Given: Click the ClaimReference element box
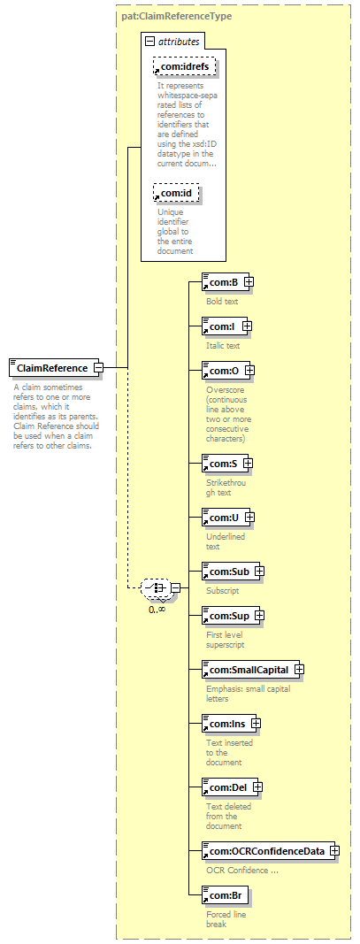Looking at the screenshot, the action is pos(52,367).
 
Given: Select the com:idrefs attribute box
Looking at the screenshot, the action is pos(184,66).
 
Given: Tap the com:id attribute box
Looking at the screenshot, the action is pos(175,193).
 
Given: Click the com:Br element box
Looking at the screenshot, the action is pos(223,895).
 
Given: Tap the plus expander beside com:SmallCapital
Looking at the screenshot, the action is pos(299,669).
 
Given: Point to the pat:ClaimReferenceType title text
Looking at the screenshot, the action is pos(172,16).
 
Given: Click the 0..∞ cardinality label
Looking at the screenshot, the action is pos(157,609).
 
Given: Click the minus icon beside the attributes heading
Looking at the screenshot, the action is pos(149,42).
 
